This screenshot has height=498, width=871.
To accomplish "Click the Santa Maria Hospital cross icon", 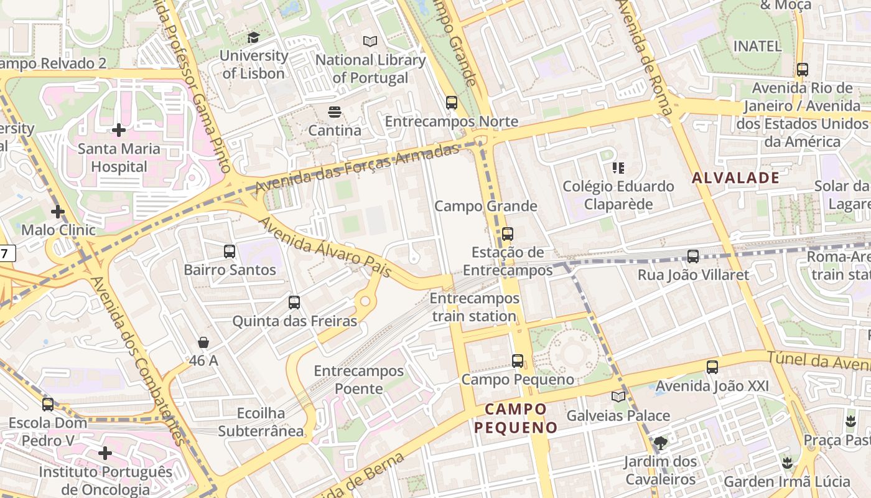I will tap(119, 130).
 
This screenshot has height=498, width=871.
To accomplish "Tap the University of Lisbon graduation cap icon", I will tap(253, 38).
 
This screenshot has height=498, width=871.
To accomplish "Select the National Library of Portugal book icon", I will tap(370, 42).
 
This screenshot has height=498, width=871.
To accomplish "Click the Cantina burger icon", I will tap(335, 113).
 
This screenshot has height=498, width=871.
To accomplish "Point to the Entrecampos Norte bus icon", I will tap(452, 103).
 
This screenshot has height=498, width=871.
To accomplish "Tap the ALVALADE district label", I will tap(735, 178).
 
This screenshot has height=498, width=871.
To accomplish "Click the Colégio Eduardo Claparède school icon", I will tap(618, 168).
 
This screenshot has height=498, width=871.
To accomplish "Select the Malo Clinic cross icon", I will tap(58, 212).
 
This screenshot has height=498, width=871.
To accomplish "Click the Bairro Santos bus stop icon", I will tap(230, 251).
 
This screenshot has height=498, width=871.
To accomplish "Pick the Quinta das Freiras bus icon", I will tap(294, 303).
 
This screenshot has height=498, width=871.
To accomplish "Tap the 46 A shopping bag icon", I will tap(203, 342).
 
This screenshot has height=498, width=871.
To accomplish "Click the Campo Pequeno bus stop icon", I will tap(518, 360).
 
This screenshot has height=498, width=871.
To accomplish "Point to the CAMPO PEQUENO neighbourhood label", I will tap(516, 418).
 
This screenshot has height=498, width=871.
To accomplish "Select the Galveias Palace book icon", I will tap(618, 397).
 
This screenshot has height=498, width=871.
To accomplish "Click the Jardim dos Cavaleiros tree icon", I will tap(660, 443).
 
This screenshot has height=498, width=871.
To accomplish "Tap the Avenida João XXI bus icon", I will tap(712, 367).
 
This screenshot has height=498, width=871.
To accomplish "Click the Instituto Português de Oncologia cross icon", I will tap(105, 453).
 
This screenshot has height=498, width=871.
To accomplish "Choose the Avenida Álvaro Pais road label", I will tap(325, 247).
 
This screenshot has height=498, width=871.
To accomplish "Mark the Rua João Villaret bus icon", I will tap(693, 256).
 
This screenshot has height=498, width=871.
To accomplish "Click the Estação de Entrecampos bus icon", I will tap(508, 234).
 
